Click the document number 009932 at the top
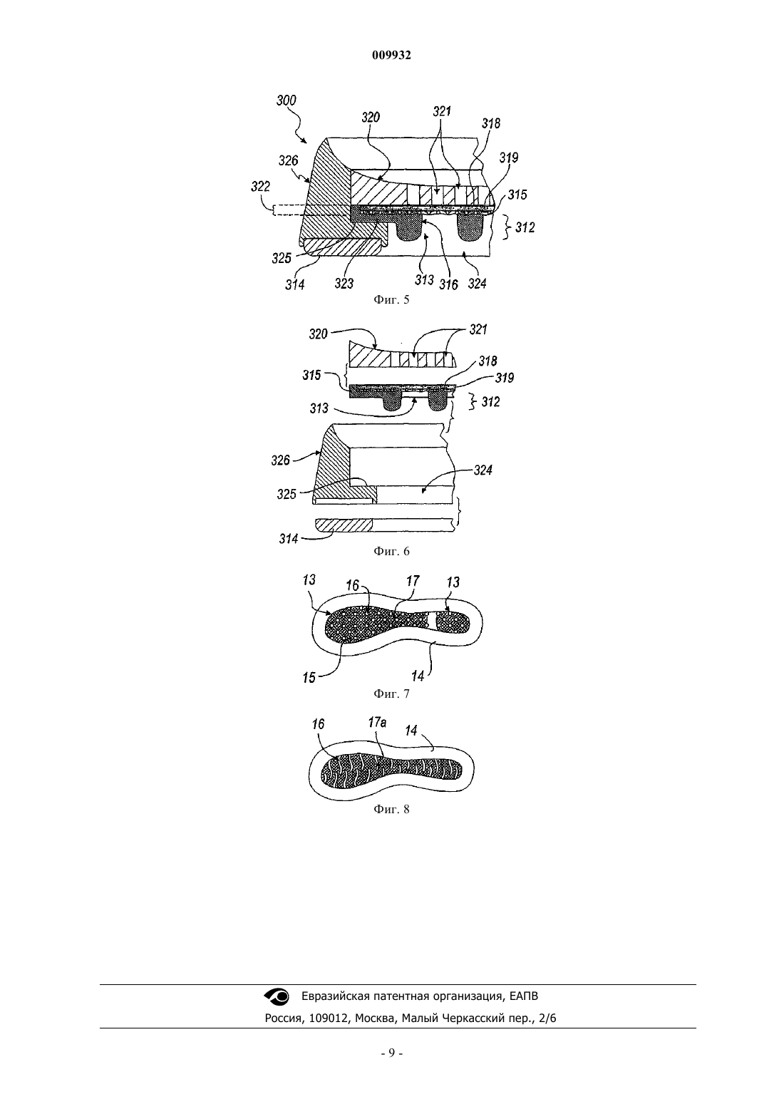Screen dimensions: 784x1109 [391, 56]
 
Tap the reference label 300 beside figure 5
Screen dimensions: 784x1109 [286, 100]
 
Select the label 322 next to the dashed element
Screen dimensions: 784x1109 [260, 187]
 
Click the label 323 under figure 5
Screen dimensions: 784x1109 [344, 283]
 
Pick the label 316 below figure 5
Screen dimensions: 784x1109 [448, 284]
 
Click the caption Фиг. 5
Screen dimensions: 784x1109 [391, 299]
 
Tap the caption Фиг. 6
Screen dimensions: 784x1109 [391, 551]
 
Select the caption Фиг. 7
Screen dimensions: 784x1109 [391, 693]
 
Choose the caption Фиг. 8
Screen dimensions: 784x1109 [391, 810]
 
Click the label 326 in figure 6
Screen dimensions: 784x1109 [280, 460]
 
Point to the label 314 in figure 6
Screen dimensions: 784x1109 [289, 539]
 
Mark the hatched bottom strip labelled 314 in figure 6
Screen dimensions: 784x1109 [344, 525]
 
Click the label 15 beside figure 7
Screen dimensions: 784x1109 [309, 677]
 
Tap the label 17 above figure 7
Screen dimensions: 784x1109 [413, 581]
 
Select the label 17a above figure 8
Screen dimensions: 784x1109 [377, 723]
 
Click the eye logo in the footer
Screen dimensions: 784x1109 [277, 996]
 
